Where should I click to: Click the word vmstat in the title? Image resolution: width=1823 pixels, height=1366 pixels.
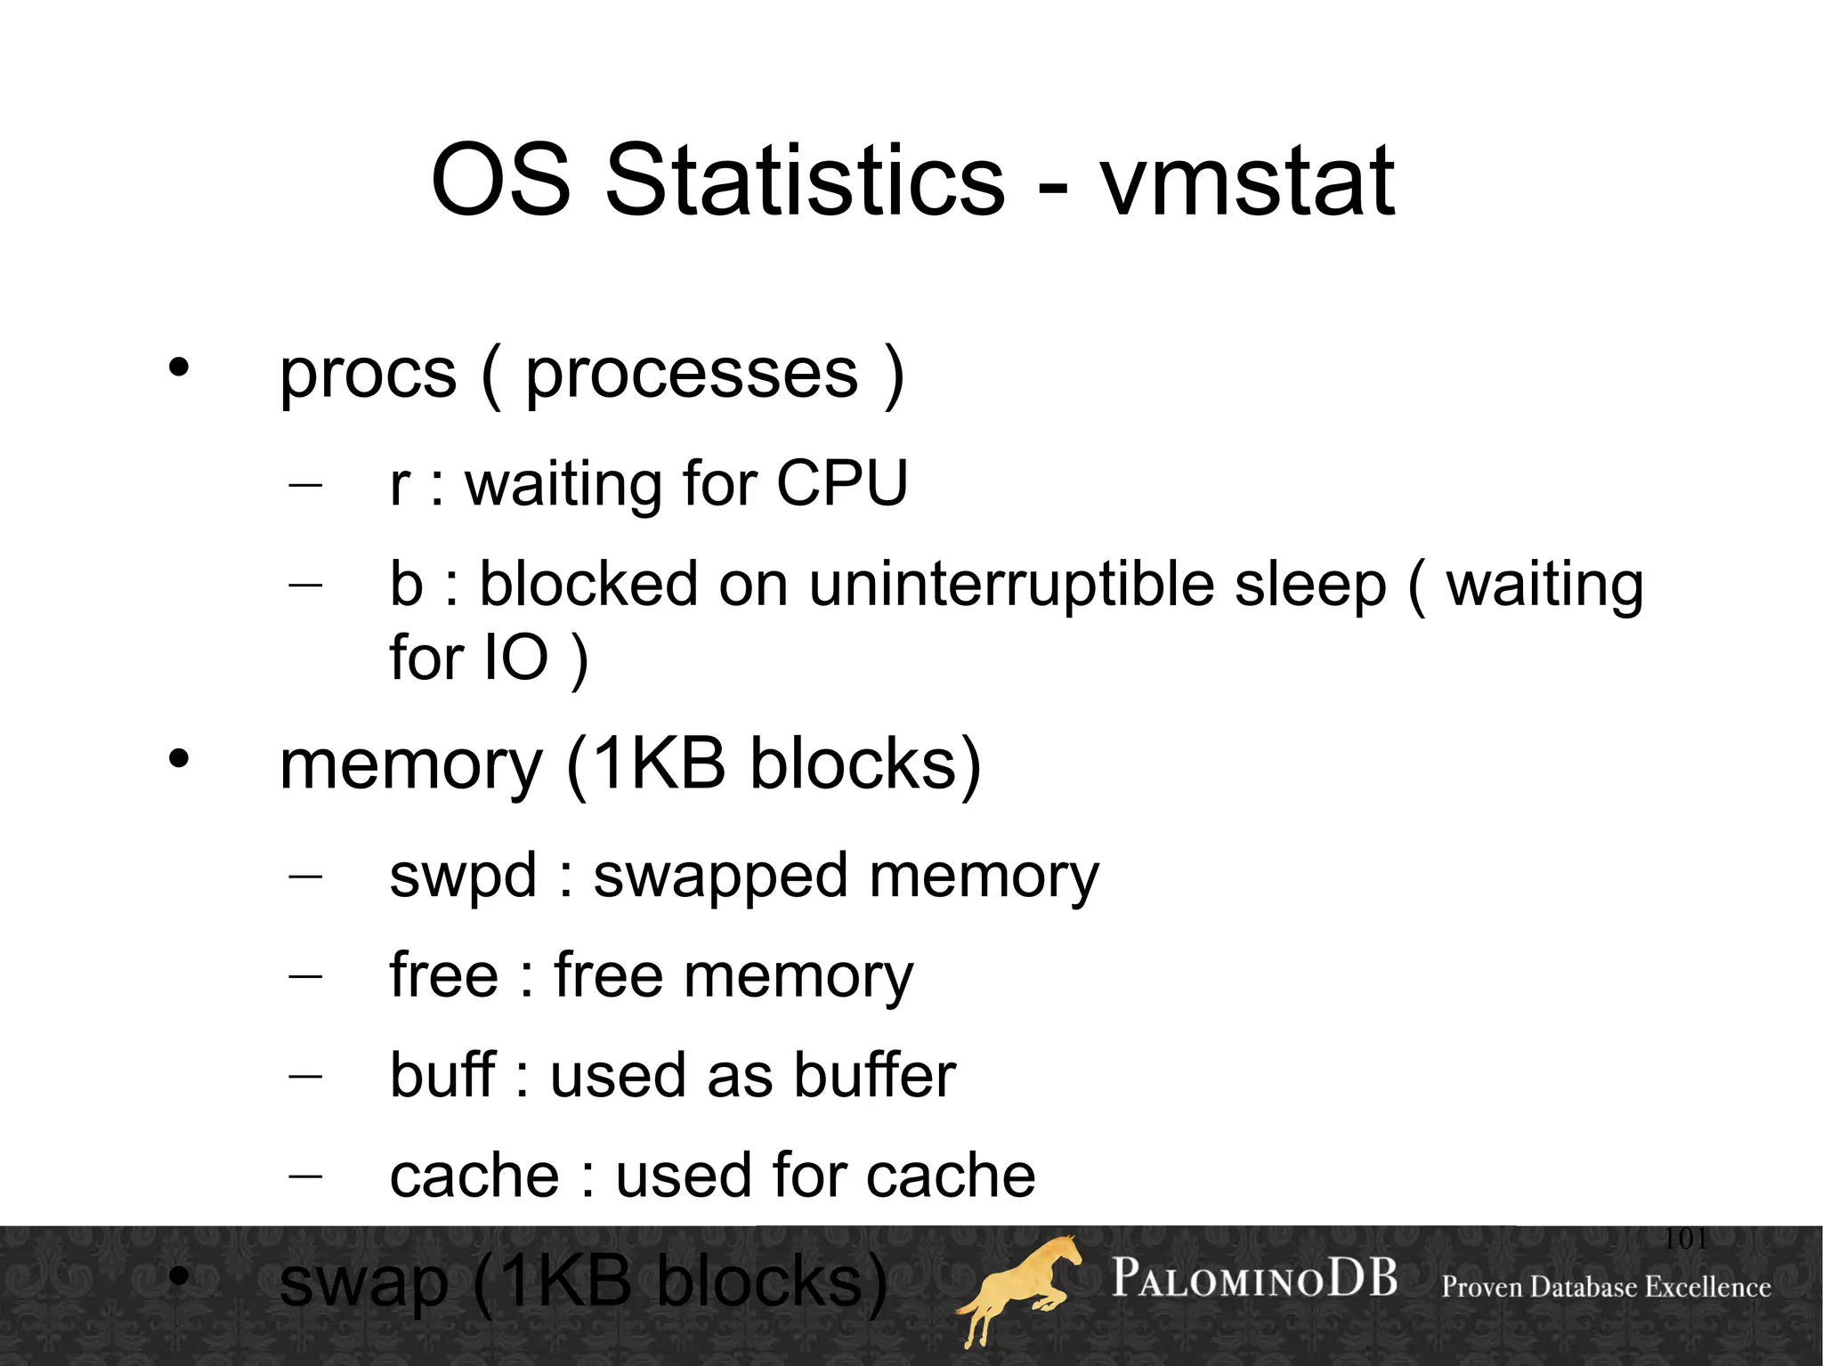coord(1247,182)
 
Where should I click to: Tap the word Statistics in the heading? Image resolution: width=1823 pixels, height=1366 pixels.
coord(805,182)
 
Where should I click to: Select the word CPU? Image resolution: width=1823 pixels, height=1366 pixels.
coord(841,484)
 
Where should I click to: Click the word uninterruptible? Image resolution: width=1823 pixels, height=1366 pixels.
coord(1011,585)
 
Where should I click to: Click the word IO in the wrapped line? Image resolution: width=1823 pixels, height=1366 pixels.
coord(514,658)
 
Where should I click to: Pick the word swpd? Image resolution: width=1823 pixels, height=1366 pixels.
coord(463,876)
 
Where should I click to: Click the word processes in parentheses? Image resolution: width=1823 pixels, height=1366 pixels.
coord(692,375)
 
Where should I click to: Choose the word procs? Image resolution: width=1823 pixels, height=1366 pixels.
coord(368,375)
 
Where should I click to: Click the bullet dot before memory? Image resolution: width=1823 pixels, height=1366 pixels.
coord(179,759)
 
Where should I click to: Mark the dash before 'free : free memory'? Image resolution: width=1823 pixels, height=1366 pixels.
coord(305,977)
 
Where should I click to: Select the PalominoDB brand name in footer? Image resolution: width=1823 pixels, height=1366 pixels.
coord(1254,1279)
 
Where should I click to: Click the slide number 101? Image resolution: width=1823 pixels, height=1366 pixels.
coord(1685,1238)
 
